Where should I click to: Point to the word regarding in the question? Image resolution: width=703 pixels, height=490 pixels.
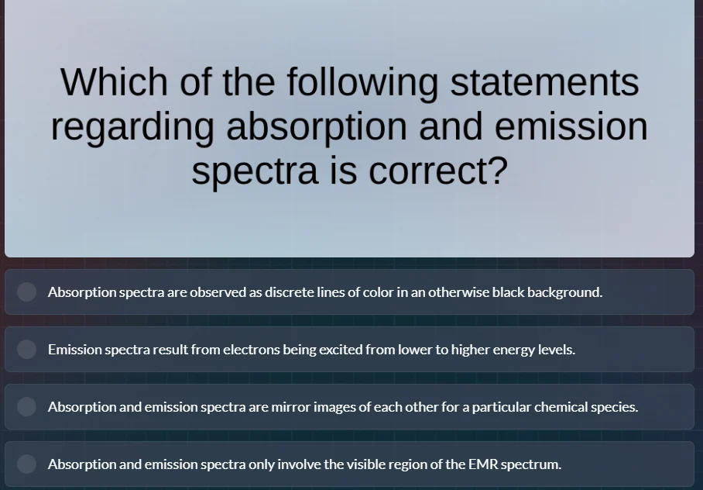(x=132, y=127)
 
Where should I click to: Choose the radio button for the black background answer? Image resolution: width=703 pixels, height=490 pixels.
(x=27, y=292)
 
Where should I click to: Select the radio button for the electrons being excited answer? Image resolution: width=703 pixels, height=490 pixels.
(x=27, y=350)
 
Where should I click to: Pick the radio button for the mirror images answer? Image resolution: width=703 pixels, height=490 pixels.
(x=27, y=407)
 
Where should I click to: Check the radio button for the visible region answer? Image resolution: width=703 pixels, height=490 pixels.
(x=27, y=464)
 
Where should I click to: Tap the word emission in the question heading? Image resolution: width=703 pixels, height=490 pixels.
(x=571, y=127)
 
